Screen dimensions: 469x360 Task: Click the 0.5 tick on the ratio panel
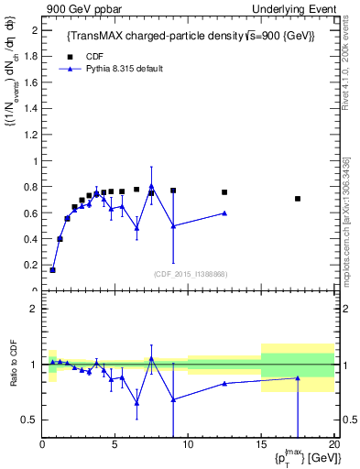(30, 420)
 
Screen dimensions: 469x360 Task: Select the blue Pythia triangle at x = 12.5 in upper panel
(224, 213)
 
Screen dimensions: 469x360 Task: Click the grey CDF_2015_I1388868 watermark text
(190, 274)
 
